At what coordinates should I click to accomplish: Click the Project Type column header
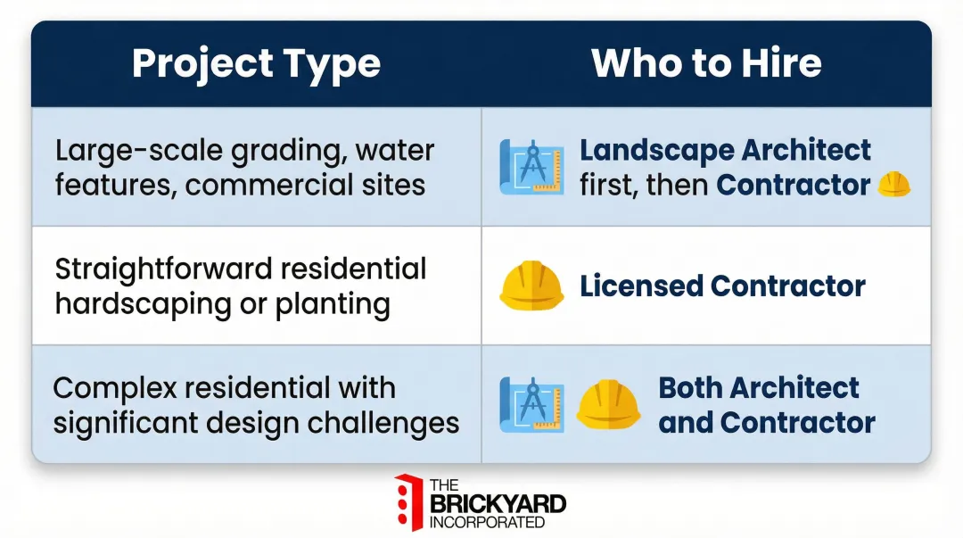pos(256,64)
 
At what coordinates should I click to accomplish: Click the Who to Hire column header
pos(706,64)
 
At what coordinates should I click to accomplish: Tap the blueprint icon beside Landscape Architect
pos(531,167)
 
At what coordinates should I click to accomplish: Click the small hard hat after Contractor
pos(893,185)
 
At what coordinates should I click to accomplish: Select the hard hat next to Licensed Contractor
pos(531,286)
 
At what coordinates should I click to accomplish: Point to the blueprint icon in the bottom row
pos(531,405)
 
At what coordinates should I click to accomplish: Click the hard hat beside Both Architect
pos(608,405)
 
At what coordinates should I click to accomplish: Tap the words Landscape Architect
pos(725,150)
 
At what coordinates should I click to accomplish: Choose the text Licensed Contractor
pos(722,286)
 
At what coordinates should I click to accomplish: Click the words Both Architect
pos(759,388)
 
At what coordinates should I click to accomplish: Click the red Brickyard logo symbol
pos(407,502)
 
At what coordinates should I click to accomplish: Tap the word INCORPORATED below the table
pos(487,522)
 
